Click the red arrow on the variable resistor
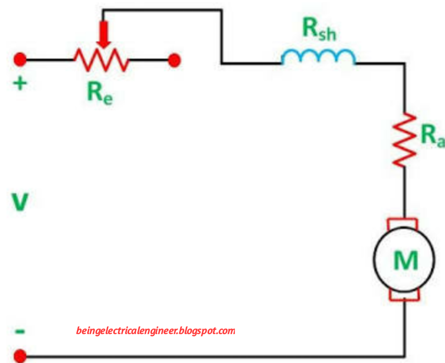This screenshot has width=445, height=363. point(104,35)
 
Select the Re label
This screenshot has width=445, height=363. point(99,93)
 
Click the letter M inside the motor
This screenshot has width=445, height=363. point(405,260)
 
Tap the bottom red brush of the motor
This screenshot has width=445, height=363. point(404,296)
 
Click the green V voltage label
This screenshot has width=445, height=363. point(20,202)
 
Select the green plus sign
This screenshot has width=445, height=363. point(20,84)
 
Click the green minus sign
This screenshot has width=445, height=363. point(20,331)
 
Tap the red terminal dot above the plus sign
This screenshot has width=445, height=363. point(20,60)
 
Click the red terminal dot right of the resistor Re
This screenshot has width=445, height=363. point(174,60)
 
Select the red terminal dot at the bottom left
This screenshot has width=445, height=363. point(20,356)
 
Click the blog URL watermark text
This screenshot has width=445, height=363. point(155,331)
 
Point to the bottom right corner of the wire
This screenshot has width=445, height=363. point(404,356)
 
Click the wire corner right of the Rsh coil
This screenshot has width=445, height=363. point(404,64)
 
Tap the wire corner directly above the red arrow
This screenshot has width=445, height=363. point(103,10)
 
